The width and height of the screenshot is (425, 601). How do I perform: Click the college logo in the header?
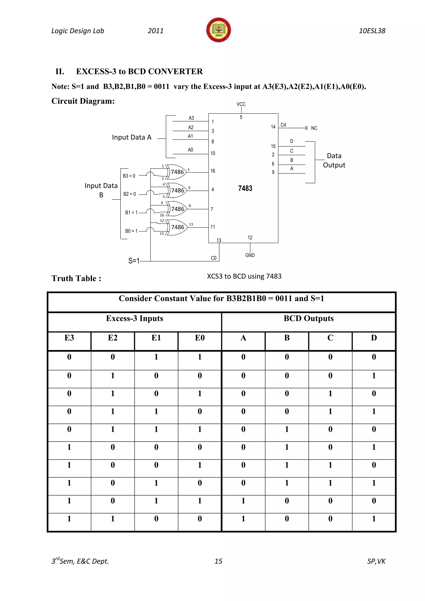click(x=219, y=30)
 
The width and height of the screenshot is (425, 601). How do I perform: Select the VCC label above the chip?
click(x=241, y=104)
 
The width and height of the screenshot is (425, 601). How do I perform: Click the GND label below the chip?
click(x=250, y=255)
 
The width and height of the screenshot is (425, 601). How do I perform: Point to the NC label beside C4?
click(x=314, y=128)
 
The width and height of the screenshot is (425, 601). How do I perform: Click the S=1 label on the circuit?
click(x=134, y=261)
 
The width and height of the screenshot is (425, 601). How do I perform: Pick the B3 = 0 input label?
click(x=129, y=176)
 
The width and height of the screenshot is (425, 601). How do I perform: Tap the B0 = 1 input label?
click(x=131, y=231)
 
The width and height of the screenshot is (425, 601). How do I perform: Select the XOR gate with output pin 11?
click(x=177, y=227)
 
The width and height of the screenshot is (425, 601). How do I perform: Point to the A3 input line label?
click(x=191, y=118)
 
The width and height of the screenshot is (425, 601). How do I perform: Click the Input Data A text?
click(x=132, y=137)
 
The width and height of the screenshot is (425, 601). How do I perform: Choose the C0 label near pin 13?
click(x=214, y=258)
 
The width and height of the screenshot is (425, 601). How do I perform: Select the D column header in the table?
click(x=374, y=338)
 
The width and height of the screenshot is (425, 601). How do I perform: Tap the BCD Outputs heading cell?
click(x=309, y=319)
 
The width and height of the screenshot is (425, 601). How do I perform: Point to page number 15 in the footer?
click(x=218, y=561)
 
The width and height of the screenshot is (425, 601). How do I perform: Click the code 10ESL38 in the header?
click(x=372, y=31)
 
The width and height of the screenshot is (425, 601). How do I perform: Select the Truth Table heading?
click(x=76, y=279)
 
